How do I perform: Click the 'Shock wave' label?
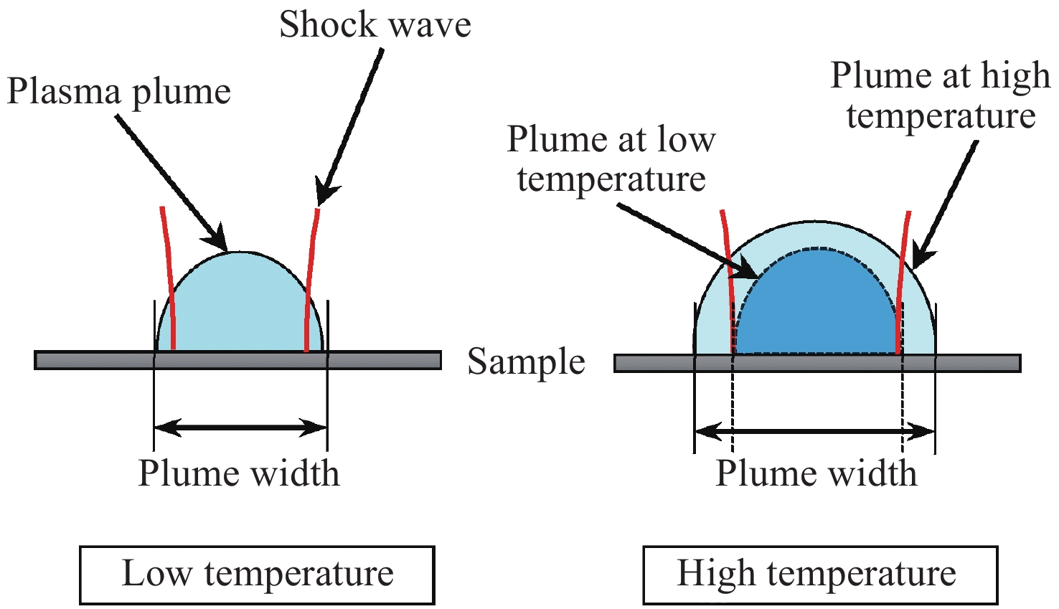375,25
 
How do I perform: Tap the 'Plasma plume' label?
119,92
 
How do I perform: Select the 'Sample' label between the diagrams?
526,362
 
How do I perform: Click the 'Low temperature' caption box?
257,575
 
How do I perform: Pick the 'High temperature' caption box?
819,575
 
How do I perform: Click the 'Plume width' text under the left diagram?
238,473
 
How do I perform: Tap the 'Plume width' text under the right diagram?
816,473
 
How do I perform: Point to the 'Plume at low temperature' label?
611,159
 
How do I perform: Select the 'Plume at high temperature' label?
941,95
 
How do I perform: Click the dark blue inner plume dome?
816,308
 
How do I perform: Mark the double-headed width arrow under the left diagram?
240,428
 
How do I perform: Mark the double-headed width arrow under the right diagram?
815,432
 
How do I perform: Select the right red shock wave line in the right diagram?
903,280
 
